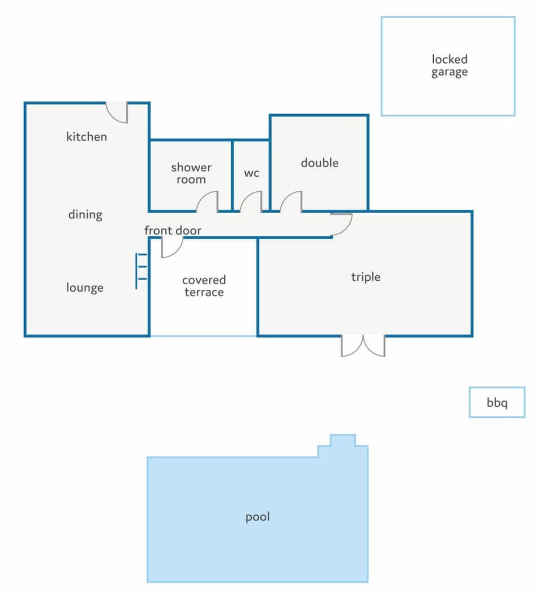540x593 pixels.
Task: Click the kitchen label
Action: [x=87, y=137]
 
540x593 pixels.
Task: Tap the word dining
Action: [x=85, y=214]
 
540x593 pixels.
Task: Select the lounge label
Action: [x=85, y=287]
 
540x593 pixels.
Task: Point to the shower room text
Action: [x=191, y=173]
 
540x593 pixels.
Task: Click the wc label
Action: [x=251, y=173]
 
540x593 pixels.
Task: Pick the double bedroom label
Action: [x=319, y=163]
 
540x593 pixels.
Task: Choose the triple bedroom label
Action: [x=366, y=277]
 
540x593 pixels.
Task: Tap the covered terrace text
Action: [x=204, y=286]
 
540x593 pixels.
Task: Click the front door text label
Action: [x=173, y=230]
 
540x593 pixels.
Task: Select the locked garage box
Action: [x=448, y=66]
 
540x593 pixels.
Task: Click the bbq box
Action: [x=497, y=402]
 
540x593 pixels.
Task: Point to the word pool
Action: [x=258, y=516]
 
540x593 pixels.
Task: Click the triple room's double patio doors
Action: [x=363, y=345]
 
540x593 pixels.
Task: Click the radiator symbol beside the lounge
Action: [x=141, y=271]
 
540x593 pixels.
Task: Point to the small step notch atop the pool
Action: [x=343, y=441]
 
